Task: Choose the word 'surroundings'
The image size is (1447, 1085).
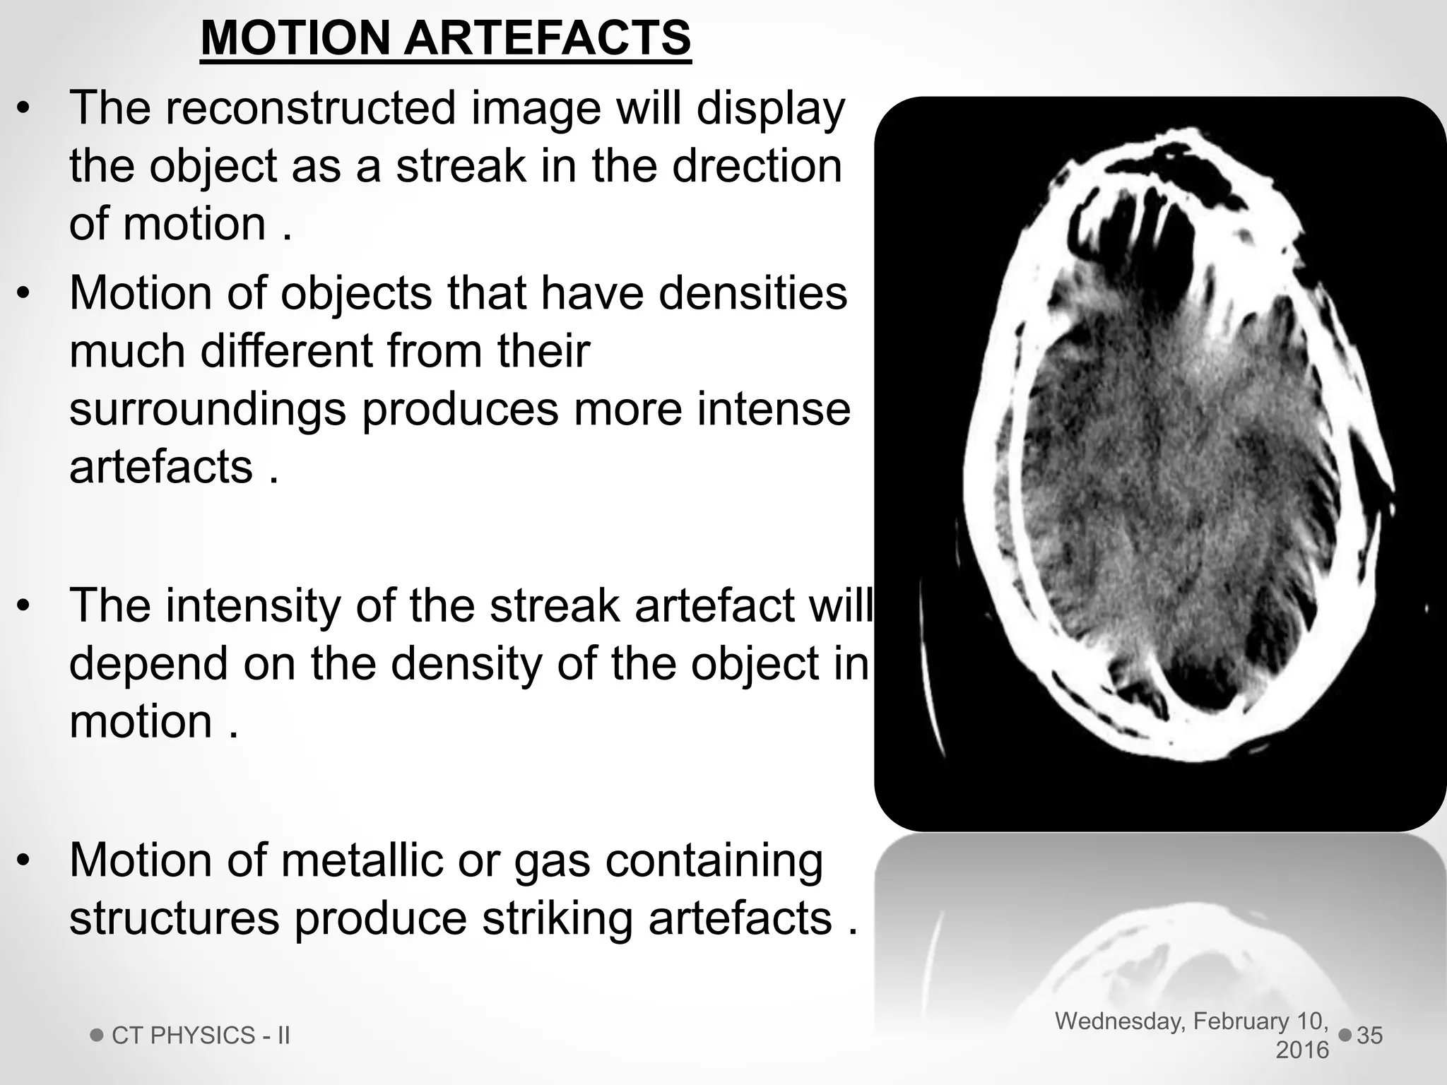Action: (208, 410)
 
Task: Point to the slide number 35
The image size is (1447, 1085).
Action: (1369, 1036)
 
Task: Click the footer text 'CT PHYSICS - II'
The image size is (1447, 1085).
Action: (201, 1036)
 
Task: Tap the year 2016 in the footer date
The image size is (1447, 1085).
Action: (1301, 1050)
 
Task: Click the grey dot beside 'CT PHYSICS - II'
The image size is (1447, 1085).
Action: (97, 1036)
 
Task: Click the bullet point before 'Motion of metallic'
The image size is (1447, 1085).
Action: (24, 862)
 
